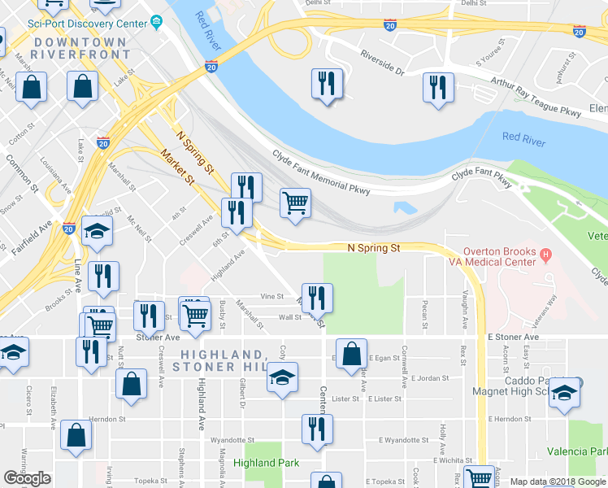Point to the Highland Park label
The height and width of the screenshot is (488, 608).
coord(266,463)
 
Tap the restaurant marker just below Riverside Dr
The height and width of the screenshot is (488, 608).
coord(327,83)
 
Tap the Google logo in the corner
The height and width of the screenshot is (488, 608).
coord(27,479)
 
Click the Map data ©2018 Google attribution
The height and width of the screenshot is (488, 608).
coord(557,481)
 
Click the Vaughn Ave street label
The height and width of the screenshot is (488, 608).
coord(464,304)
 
